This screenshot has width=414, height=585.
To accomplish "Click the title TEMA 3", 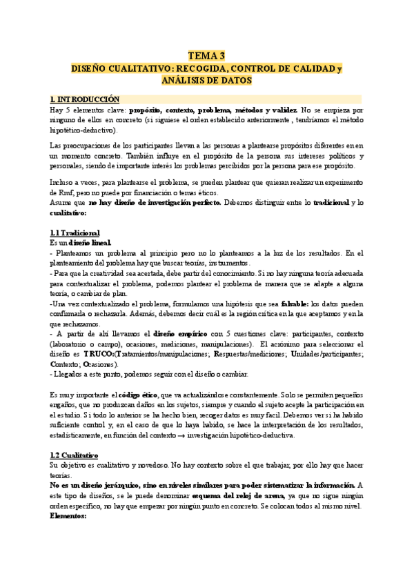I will point(207,56).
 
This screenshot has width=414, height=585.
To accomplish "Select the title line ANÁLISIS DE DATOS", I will point(207,81).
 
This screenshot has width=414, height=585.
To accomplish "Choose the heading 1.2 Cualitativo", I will point(75,455).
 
